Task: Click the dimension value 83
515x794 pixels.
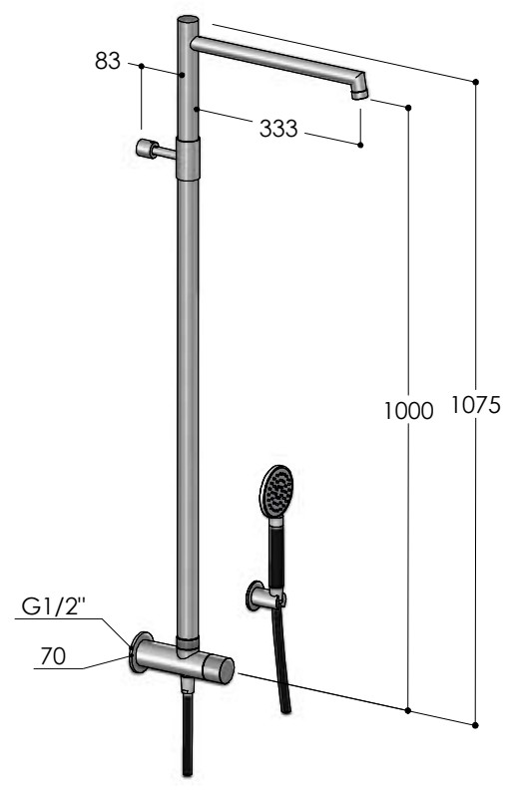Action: tap(108, 61)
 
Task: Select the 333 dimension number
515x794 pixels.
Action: tap(278, 129)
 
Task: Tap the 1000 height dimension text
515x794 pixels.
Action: tap(408, 410)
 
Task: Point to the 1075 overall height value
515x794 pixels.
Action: tap(475, 404)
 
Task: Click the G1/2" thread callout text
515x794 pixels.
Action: tap(54, 606)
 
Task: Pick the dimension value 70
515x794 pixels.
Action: tap(53, 656)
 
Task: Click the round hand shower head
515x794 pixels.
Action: tap(276, 491)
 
